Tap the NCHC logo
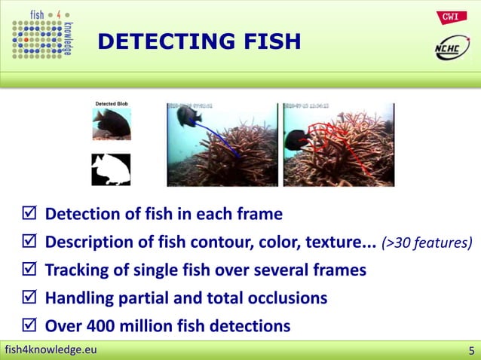(451, 49)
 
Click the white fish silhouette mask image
(111, 169)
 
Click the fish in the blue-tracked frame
(186, 115)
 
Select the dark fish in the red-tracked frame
(296, 140)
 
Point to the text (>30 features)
(427, 243)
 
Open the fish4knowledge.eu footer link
(51, 349)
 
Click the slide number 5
(471, 350)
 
